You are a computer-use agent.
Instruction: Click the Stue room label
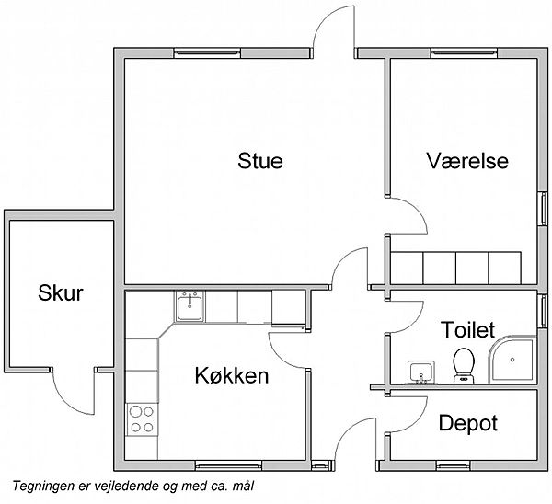[260, 161]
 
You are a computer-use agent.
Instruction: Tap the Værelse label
[467, 161]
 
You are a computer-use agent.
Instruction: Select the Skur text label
[61, 292]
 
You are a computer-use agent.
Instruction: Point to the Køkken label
[232, 375]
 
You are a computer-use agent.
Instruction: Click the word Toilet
[468, 330]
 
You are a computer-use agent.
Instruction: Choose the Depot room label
[468, 424]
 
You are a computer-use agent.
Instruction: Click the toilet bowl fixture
[464, 366]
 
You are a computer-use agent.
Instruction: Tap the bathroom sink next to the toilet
[421, 372]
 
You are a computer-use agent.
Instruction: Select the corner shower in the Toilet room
[512, 359]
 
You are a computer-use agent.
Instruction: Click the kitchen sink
[190, 306]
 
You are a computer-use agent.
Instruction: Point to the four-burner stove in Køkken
[142, 419]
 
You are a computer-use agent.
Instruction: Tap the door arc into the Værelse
[419, 210]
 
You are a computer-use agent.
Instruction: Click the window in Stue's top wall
[207, 52]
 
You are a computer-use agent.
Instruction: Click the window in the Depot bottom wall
[453, 466]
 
